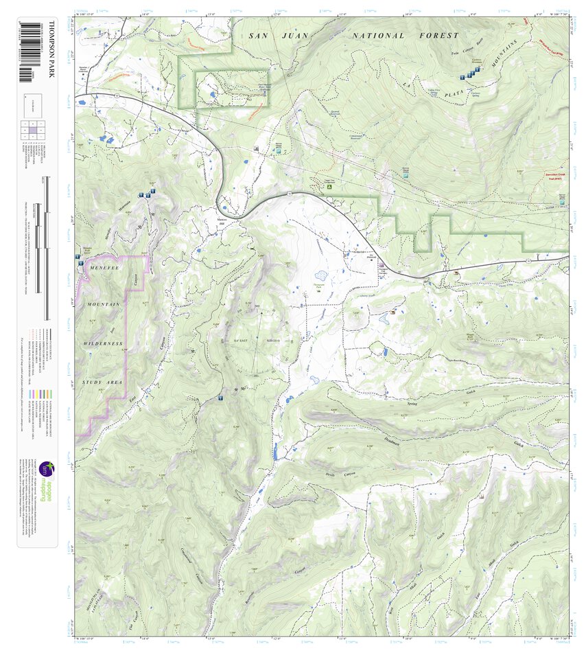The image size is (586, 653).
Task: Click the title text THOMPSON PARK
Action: tap(50, 49)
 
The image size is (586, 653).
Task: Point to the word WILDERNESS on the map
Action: tap(104, 343)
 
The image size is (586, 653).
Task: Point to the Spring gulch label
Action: tap(412, 404)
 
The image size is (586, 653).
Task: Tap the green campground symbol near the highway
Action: tap(330, 186)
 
